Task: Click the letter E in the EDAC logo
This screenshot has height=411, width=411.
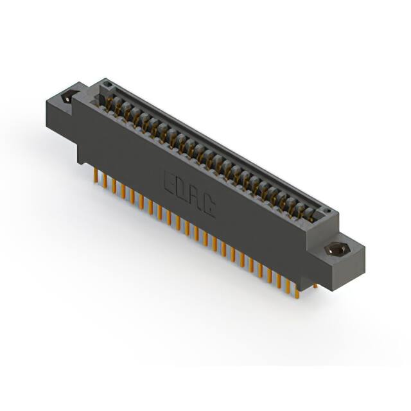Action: coord(171,180)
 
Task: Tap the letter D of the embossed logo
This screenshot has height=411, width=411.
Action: coord(185,189)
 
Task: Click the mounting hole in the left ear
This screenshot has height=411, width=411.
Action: coord(66,100)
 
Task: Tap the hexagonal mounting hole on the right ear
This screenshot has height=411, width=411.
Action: coord(335,250)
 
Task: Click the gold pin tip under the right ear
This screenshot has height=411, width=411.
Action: coord(315,286)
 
